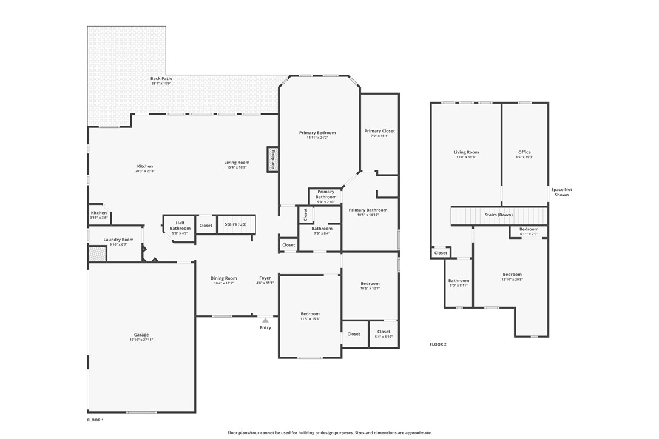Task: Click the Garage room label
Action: [x=141, y=335]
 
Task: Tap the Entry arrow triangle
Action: [x=265, y=320]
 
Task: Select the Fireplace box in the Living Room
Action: [x=272, y=159]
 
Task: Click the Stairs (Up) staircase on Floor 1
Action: [x=236, y=224]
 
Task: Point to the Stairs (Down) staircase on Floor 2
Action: [x=499, y=215]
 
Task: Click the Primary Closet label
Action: [x=380, y=131]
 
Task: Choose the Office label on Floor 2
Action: [x=524, y=152]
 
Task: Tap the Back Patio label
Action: [x=161, y=79]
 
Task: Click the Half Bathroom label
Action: [x=180, y=226]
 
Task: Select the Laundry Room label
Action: [x=118, y=240]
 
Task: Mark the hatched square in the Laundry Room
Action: [x=97, y=254]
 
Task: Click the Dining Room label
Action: [x=224, y=278]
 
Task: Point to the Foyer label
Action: [x=265, y=278]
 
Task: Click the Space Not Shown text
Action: [x=561, y=192]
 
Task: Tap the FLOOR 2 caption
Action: [x=438, y=344]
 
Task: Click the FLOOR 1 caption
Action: [x=96, y=420]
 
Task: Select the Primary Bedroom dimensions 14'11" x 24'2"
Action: [x=317, y=138]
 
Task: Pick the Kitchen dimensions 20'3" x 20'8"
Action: [x=145, y=171]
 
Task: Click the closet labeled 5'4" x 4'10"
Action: [x=384, y=334]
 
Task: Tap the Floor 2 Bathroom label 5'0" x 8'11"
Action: [x=458, y=283]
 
